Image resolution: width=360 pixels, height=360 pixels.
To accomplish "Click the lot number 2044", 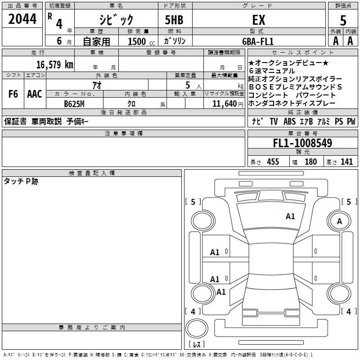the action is pyautogui.click(x=22, y=19).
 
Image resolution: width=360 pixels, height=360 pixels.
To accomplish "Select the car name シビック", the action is pyautogui.click(x=116, y=19).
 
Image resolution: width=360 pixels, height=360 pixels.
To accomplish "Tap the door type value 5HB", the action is pyautogui.click(x=174, y=20).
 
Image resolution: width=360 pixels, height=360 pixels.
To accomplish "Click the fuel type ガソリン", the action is pyautogui.click(x=175, y=41).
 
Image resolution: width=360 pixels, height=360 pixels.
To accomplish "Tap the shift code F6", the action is pyautogui.click(x=13, y=94).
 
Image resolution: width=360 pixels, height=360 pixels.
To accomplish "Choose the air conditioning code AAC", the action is pyautogui.click(x=34, y=94).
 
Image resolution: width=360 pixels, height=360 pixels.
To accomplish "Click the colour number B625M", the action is pyautogui.click(x=74, y=103).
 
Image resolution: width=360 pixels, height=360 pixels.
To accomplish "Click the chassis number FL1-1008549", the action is pyautogui.click(x=302, y=144).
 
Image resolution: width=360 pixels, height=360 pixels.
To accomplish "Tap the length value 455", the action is pyautogui.click(x=273, y=162).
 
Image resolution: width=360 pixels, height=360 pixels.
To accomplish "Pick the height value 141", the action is pyautogui.click(x=346, y=162).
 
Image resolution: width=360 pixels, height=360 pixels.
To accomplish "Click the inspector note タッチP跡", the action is pyautogui.click(x=21, y=181).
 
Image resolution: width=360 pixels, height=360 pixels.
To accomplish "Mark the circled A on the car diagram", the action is pyautogui.click(x=339, y=221).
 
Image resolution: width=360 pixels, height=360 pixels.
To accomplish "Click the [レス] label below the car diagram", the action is pyautogui.click(x=197, y=344).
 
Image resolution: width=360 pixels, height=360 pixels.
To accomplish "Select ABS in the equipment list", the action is pyautogui.click(x=290, y=121).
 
